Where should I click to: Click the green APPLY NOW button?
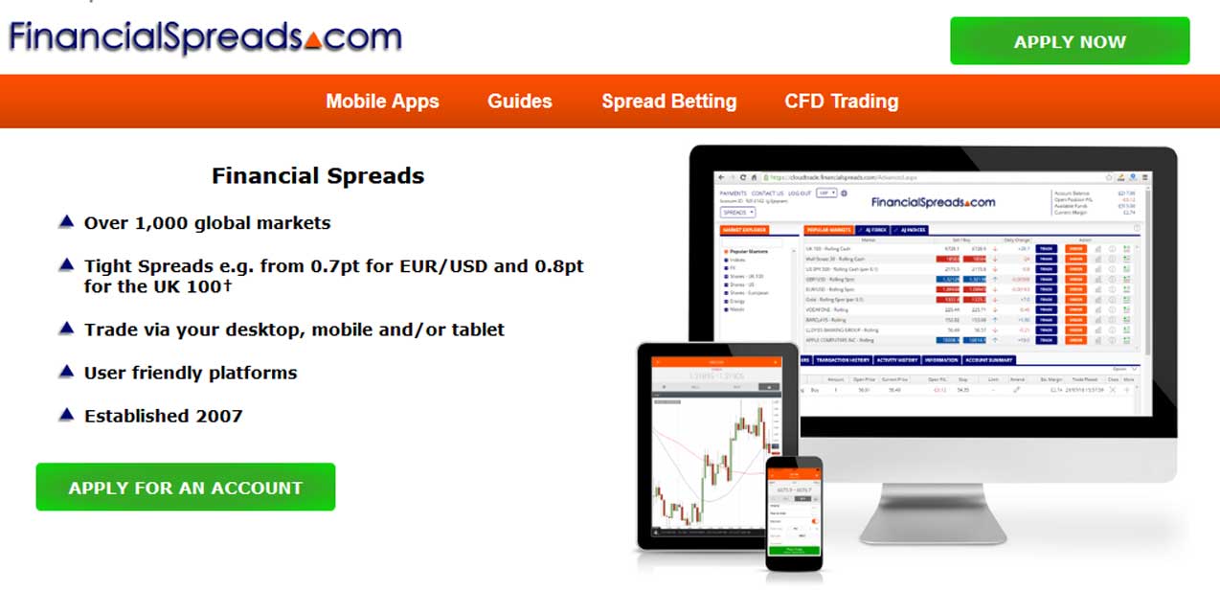tap(1070, 41)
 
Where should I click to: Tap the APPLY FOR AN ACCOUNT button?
tap(186, 488)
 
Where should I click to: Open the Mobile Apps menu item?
tap(382, 102)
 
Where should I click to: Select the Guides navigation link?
tap(520, 102)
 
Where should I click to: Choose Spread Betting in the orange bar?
tap(669, 102)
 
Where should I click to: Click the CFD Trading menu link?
tap(842, 102)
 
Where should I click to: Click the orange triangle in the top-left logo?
tap(313, 40)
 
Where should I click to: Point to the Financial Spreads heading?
tap(318, 176)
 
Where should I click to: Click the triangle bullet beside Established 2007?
tap(66, 415)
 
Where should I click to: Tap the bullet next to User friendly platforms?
tap(66, 371)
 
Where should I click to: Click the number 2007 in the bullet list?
tap(221, 416)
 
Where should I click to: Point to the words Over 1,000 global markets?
tap(207, 223)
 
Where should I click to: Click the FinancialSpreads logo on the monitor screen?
tap(933, 202)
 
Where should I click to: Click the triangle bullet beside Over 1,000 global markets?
tap(66, 222)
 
